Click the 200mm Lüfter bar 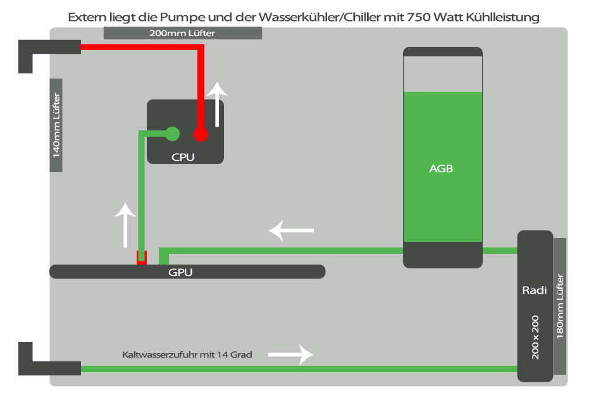point(182,33)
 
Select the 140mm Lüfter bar point(56,125)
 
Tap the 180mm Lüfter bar point(559,306)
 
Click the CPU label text point(183,156)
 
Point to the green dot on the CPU point(172,134)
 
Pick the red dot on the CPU point(201,134)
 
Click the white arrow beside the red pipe point(218,104)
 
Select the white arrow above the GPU point(125,225)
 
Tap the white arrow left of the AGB point(291,230)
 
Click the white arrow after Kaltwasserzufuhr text point(291,354)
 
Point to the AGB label point(441,169)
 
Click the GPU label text point(180,273)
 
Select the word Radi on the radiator point(534,291)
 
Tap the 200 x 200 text point(535,338)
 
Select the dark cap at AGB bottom point(443,254)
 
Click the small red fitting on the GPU point(142,257)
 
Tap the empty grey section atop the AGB point(443,73)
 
